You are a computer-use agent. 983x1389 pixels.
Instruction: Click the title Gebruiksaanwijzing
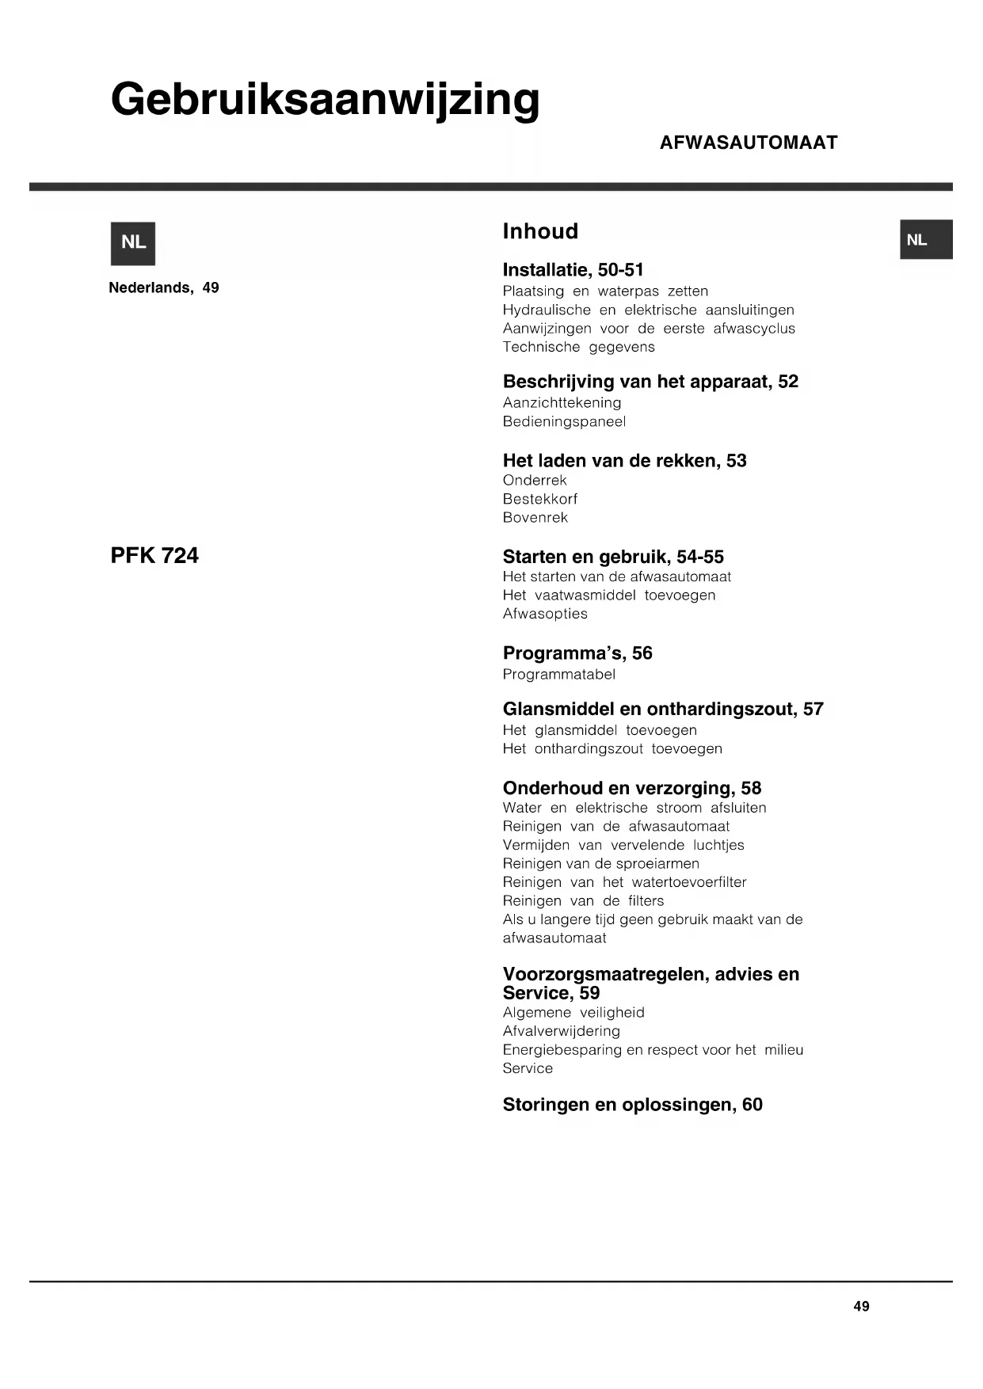[325, 101]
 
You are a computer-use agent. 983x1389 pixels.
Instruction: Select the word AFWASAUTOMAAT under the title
[748, 143]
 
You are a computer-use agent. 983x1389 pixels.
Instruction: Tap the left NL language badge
[133, 243]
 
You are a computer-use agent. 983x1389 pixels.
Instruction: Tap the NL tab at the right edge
[925, 240]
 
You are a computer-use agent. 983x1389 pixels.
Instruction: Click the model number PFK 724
[154, 556]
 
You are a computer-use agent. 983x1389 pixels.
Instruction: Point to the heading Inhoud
[540, 231]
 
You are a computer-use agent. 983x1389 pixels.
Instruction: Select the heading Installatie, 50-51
[573, 270]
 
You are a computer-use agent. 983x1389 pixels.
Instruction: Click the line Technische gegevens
[578, 347]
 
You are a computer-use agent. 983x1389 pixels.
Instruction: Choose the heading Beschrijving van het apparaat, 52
[650, 382]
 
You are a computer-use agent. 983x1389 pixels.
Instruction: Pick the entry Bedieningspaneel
[564, 421]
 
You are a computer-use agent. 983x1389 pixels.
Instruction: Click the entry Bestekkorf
[540, 499]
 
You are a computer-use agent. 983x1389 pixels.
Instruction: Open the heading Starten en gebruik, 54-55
[613, 557]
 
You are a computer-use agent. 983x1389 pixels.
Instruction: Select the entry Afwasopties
[545, 614]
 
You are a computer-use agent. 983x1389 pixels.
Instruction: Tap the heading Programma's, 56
[577, 653]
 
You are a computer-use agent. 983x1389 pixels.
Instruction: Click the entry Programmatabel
[558, 675]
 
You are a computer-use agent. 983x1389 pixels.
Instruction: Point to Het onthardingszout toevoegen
[612, 748]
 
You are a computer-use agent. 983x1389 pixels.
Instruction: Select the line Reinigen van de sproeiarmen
[600, 863]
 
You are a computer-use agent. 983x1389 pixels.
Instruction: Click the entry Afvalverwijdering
[561, 1031]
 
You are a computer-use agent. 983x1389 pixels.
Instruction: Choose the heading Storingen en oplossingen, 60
[632, 1105]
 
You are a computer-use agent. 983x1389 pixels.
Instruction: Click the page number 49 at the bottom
[861, 1307]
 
